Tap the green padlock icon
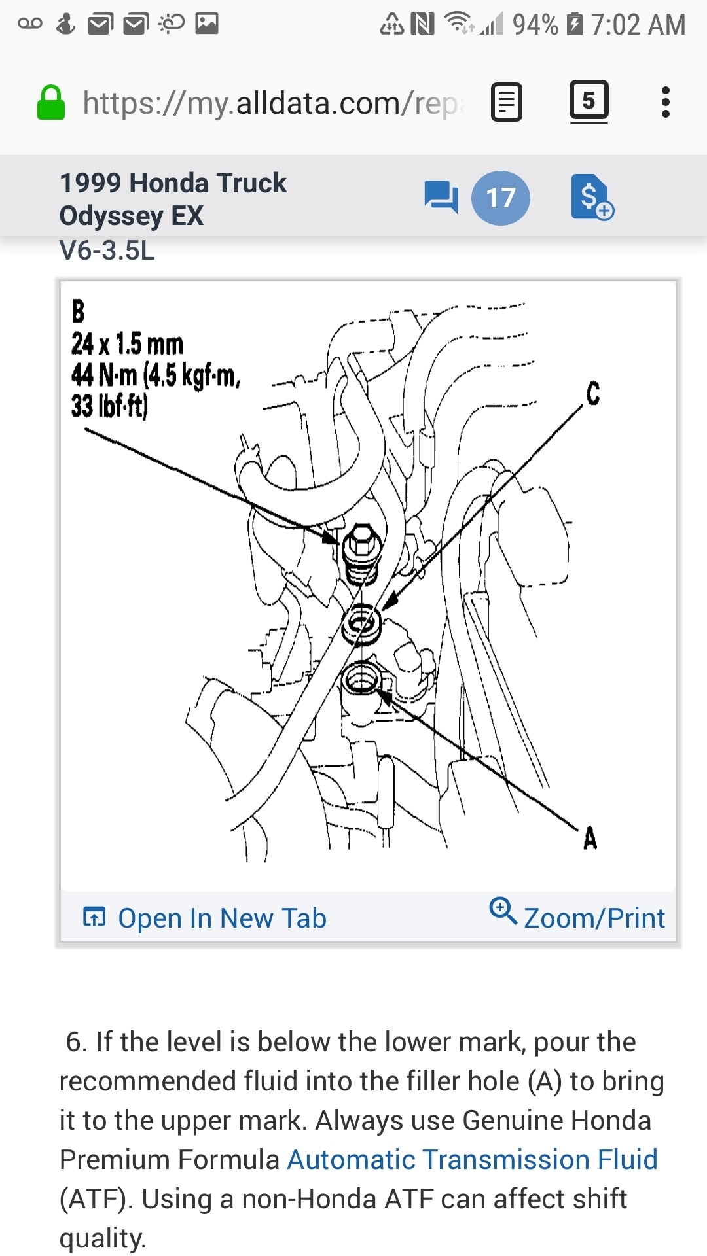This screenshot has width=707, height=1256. coord(51,103)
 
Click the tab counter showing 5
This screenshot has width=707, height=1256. coord(589,101)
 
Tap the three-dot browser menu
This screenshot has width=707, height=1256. coord(665,103)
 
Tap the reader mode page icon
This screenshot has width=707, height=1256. coord(506,103)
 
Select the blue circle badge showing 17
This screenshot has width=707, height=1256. coord(501,198)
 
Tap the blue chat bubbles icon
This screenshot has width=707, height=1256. coord(441,197)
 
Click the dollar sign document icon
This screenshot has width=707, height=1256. coord(591,197)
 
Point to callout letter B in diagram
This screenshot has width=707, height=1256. coord(79,311)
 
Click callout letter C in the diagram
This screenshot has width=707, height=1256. coord(592,394)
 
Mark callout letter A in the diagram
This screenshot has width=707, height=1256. coord(590,838)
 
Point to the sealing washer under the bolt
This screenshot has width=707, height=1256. coord(362,623)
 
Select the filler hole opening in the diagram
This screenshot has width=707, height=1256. coord(361,678)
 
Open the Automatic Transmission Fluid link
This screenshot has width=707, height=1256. coord(472,1160)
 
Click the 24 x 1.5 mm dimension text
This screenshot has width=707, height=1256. coord(127,344)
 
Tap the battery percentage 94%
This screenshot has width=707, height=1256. coord(535,25)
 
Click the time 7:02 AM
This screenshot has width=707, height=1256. coord(638,25)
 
